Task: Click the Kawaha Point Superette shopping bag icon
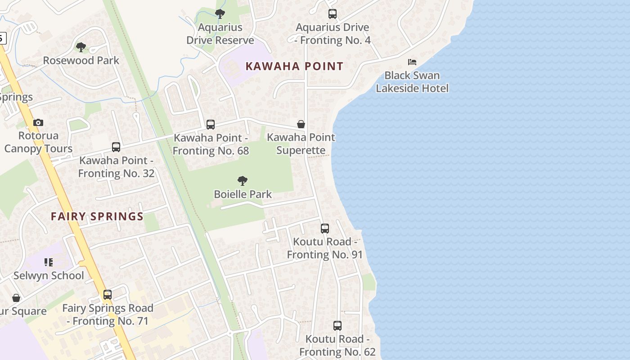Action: point(301,124)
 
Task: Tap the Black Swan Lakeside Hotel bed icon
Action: point(412,62)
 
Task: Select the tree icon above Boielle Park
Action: point(243,181)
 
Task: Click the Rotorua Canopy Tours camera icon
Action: point(38,122)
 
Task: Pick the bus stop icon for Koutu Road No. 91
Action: point(325,229)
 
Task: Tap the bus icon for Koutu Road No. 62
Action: point(337,326)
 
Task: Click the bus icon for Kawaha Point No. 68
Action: point(211,125)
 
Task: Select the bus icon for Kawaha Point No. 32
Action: point(116,147)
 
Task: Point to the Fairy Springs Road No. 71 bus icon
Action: point(108,295)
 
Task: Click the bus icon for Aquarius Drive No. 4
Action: point(333,14)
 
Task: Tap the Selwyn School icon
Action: point(49,262)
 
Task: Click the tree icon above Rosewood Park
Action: point(81,47)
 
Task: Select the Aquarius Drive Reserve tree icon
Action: point(220,14)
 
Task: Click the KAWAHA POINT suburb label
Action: point(294,66)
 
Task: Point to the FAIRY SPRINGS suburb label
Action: point(97,216)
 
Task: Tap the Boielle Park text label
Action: point(243,194)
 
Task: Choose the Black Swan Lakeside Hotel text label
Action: point(412,81)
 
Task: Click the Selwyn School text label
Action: point(49,275)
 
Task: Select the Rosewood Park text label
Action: point(81,60)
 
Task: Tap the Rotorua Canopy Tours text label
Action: point(38,142)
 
